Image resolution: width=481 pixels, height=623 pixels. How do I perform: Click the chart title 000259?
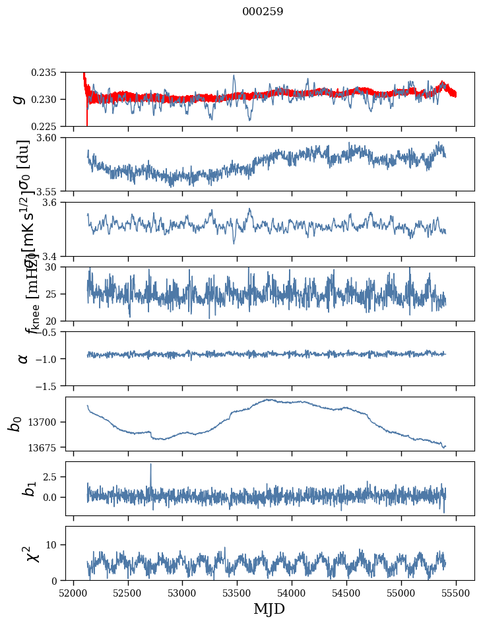tap(263, 12)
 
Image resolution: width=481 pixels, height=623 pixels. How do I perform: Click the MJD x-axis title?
tap(269, 608)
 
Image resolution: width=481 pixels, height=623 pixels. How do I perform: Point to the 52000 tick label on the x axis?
tap(73, 592)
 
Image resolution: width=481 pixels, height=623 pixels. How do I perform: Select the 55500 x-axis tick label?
tap(456, 592)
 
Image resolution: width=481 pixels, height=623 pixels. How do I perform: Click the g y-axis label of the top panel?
tap(20, 99)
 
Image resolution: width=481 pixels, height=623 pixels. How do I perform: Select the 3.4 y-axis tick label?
tap(53, 255)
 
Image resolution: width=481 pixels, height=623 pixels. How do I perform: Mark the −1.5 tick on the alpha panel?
tap(48, 385)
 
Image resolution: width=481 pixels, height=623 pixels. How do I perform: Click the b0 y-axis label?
tap(15, 423)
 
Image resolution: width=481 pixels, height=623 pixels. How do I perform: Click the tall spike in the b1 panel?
tap(150, 465)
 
